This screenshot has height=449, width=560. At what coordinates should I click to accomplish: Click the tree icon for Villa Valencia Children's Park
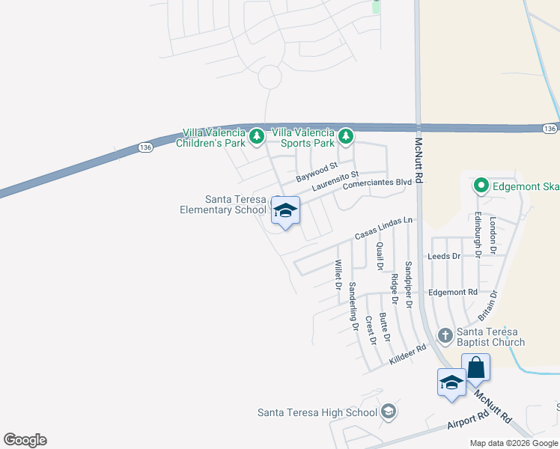pyautogui.click(x=257, y=136)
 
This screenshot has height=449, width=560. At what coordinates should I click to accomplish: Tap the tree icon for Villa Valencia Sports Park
pyautogui.click(x=345, y=136)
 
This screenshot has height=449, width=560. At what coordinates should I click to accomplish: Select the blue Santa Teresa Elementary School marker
pyautogui.click(x=284, y=210)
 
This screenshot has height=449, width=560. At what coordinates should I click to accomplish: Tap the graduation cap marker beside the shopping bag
pyautogui.click(x=452, y=382)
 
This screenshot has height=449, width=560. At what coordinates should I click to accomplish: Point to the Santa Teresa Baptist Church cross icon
pyautogui.click(x=445, y=335)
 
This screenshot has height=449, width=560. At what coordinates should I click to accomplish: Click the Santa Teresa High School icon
pyautogui.click(x=389, y=412)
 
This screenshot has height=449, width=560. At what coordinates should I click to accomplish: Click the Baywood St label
pyautogui.click(x=317, y=173)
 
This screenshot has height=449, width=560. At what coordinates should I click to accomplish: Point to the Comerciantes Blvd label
pyautogui.click(x=378, y=182)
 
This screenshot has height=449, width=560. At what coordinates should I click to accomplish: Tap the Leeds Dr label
pyautogui.click(x=443, y=256)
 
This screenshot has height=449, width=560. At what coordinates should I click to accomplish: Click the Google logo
pyautogui.click(x=25, y=440)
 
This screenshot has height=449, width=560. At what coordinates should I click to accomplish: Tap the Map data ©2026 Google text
pyautogui.click(x=514, y=443)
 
